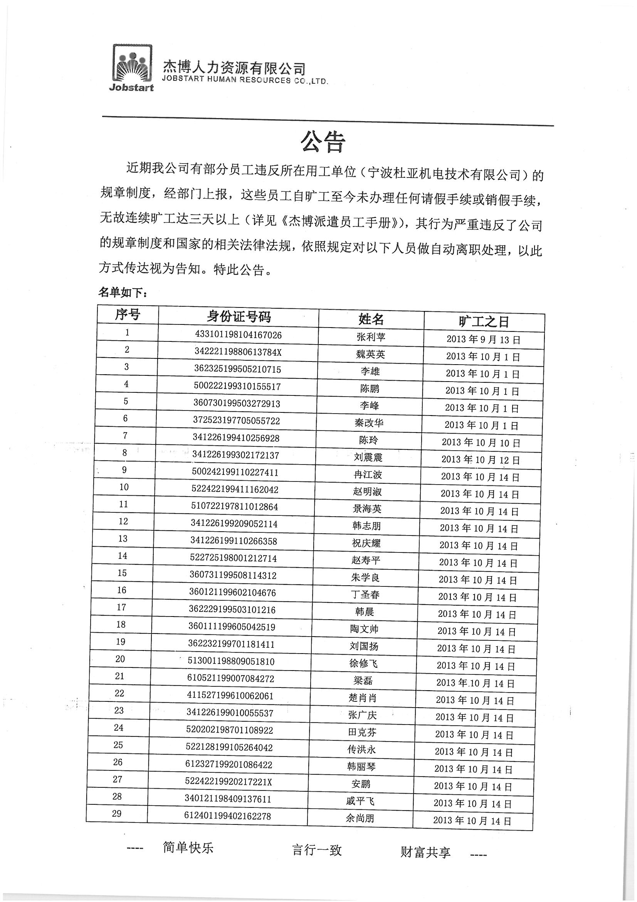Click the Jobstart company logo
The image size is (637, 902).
click(x=131, y=68)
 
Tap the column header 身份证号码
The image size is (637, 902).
click(x=239, y=316)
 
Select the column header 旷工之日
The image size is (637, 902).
click(x=484, y=322)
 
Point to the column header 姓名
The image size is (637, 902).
click(x=371, y=319)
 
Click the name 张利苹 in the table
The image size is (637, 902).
click(x=371, y=337)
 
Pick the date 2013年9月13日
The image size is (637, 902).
click(x=483, y=340)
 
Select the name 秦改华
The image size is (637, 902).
click(x=368, y=423)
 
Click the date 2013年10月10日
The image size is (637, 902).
click(x=481, y=443)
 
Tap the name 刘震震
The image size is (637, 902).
click(x=368, y=457)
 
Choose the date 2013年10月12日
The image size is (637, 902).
click(x=481, y=459)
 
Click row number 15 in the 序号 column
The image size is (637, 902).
click(x=122, y=573)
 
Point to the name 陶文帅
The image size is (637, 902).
click(x=364, y=629)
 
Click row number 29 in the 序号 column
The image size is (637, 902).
click(x=116, y=814)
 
